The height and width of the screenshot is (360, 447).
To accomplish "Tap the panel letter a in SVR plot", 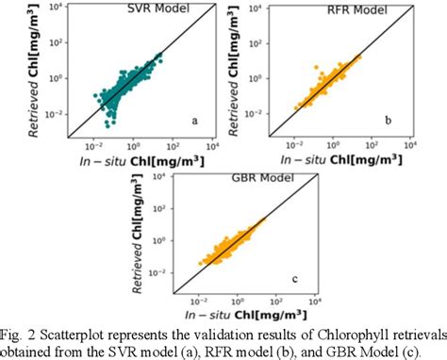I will click(x=194, y=121).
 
